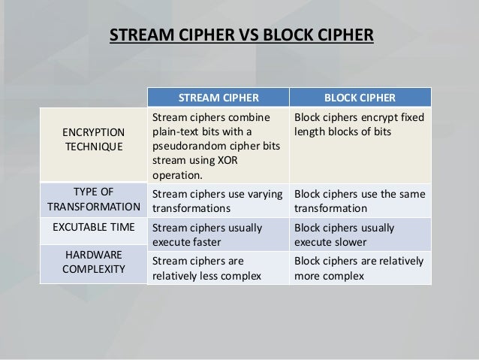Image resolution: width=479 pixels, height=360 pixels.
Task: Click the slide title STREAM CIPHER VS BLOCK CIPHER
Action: click(241, 35)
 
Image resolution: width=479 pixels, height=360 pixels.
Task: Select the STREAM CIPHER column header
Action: click(218, 98)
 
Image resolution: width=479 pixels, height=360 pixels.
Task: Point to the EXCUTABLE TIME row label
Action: click(95, 225)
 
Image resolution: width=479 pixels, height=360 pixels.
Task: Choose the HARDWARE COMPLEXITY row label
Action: click(95, 262)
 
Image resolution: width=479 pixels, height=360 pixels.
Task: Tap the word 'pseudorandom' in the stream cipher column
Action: click(186, 147)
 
